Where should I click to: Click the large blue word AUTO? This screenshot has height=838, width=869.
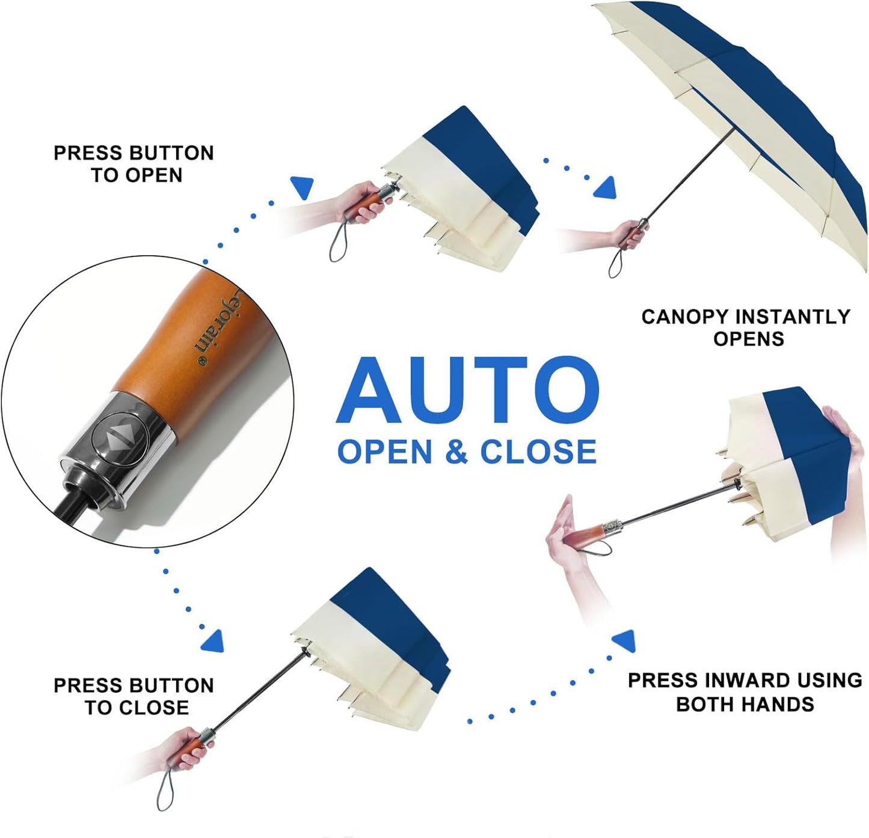(467, 389)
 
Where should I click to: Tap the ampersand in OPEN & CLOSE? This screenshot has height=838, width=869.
(456, 451)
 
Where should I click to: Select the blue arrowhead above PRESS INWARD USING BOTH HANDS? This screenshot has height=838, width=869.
(624, 641)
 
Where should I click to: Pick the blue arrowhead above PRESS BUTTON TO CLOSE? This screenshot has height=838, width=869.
(213, 642)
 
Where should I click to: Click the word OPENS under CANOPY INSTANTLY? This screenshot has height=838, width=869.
(749, 338)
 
